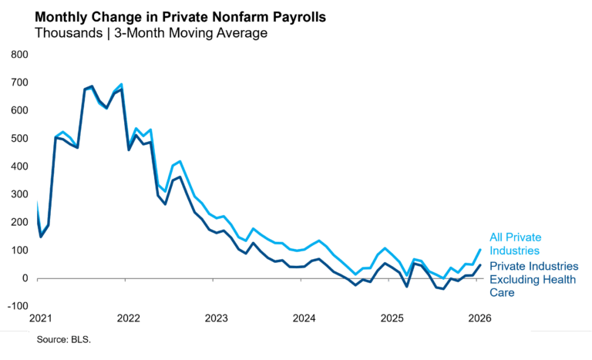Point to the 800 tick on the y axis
[x=19, y=55]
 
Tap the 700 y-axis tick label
[x=19, y=82]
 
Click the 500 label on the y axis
[x=19, y=139]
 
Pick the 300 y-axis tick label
[x=19, y=194]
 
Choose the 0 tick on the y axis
[x=25, y=278]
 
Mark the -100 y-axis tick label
[x=18, y=306]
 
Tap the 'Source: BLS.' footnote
[x=63, y=339]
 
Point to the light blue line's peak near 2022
[x=121, y=84]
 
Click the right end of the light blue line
[x=480, y=249]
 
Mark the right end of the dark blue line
[x=480, y=265]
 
